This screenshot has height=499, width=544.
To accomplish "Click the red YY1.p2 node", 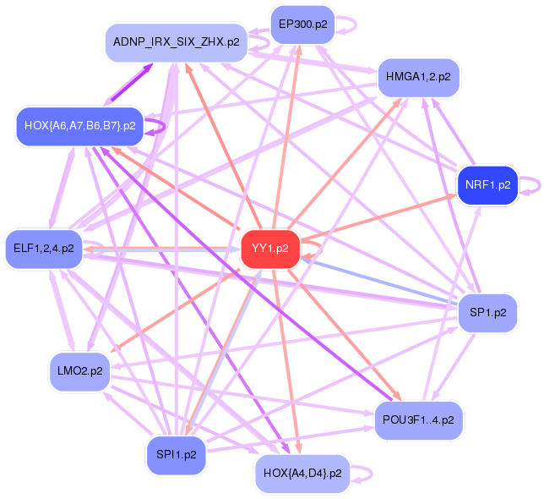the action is click(270, 248).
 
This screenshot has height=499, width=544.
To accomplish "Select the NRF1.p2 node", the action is click(487, 184).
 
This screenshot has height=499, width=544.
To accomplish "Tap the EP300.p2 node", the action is click(302, 24).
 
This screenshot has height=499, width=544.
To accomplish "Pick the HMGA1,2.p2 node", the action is click(417, 77).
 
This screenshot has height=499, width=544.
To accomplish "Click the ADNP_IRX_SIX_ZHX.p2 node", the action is click(176, 41).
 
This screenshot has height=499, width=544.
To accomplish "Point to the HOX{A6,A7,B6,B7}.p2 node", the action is click(80, 126).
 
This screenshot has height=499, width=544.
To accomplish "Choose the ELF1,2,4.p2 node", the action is click(44, 249).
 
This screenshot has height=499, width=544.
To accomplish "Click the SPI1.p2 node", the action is click(176, 454).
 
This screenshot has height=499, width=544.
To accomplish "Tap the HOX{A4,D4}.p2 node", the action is click(302, 472).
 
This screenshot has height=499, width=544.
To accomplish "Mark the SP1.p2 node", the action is click(487, 312).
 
